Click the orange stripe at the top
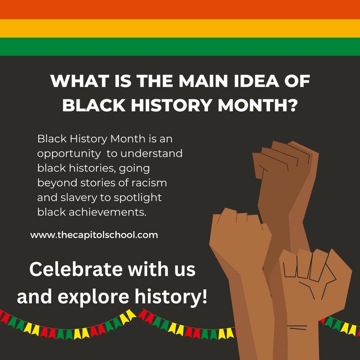pos(180,9)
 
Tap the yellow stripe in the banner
pos(180,28)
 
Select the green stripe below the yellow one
pos(180,46)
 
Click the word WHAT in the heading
pos(80,81)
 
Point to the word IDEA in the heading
pos(256,81)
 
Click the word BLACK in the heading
pos(94,105)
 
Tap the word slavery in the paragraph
pos(79,198)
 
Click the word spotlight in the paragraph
pos(137,198)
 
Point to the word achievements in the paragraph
pos(108,212)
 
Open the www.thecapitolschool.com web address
pos(94,235)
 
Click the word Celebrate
pos(76,269)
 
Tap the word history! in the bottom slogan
pos(171,296)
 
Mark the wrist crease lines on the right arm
pos(298,327)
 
